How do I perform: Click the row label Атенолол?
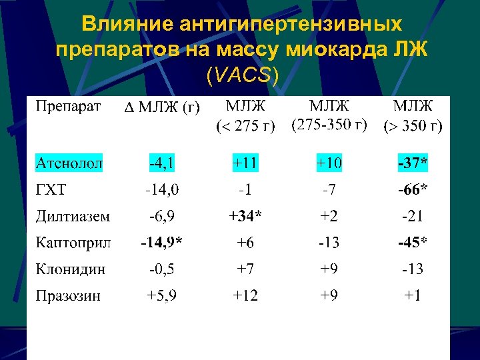pos(69,163)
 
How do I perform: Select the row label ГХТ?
pos(51,190)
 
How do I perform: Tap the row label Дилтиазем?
pos(73,216)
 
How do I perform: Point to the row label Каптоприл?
pos(73,243)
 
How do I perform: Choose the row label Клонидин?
pos(71,269)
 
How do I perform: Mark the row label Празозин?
pos(68,295)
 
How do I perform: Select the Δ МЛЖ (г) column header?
pos(163,108)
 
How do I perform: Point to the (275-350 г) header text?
pos(329,125)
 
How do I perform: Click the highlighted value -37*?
pos(413,163)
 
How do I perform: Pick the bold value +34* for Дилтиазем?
pos(245,216)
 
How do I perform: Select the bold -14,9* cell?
pos(163,243)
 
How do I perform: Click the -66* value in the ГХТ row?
pos(413,190)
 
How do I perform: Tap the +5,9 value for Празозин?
pos(162,295)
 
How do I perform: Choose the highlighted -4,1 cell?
pos(163,163)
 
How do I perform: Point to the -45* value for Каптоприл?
pos(413,243)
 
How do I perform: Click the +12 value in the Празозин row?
pos(245,295)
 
